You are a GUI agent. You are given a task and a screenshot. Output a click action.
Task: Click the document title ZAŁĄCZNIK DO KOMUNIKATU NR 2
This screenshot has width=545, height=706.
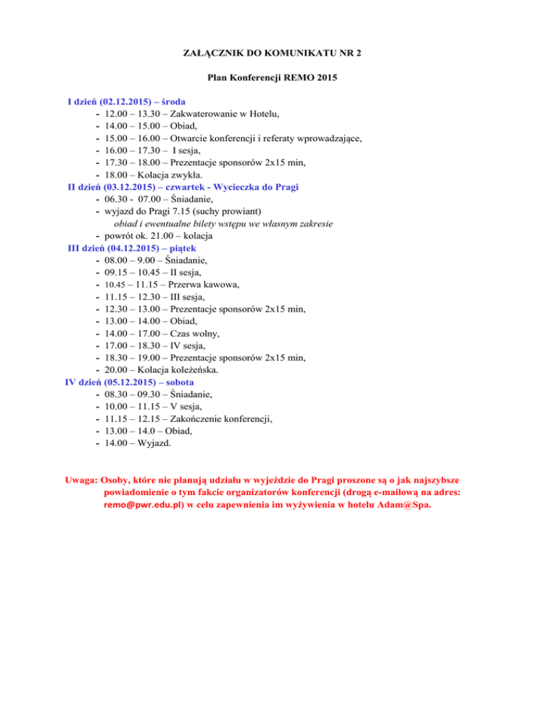point(272,53)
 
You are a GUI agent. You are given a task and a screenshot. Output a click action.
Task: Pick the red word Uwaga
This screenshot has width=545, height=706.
point(80,479)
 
